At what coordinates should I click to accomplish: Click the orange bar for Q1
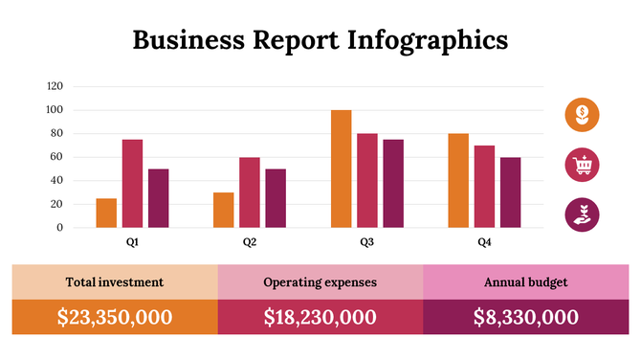click(x=106, y=213)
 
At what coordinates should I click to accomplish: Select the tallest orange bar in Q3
click(x=341, y=169)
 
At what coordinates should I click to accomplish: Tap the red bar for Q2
click(x=250, y=192)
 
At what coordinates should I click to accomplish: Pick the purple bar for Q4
click(x=511, y=192)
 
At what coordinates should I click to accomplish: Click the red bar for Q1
click(x=132, y=184)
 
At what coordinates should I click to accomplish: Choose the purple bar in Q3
click(x=393, y=184)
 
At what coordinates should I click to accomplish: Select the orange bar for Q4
click(x=458, y=180)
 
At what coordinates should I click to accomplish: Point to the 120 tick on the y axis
click(x=55, y=86)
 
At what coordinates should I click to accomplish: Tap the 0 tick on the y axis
click(x=60, y=228)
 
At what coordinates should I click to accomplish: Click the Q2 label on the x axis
click(x=250, y=243)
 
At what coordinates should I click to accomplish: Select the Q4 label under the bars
click(x=485, y=243)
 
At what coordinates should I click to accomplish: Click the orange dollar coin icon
click(x=582, y=115)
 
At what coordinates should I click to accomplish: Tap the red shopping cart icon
click(x=582, y=165)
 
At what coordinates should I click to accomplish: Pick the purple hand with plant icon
click(x=582, y=214)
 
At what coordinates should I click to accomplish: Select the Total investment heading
click(x=114, y=282)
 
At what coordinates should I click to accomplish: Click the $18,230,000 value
click(x=320, y=318)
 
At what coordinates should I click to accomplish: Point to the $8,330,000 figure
click(x=525, y=318)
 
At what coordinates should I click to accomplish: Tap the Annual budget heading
click(x=525, y=282)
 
